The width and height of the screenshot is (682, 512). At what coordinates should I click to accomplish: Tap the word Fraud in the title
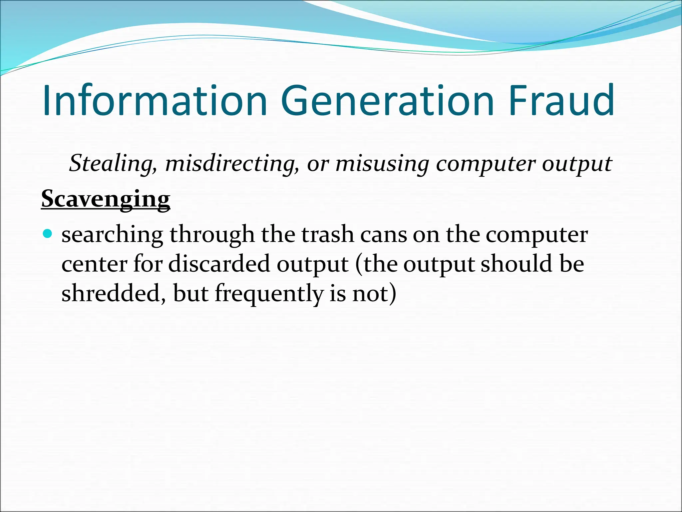click(x=561, y=101)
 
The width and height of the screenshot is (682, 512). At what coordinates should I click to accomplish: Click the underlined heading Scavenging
click(x=106, y=199)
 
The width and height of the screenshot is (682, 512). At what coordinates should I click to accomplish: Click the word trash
click(x=328, y=234)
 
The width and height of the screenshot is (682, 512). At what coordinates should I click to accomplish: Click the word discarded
click(x=219, y=264)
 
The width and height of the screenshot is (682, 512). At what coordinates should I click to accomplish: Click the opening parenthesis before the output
click(x=358, y=264)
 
